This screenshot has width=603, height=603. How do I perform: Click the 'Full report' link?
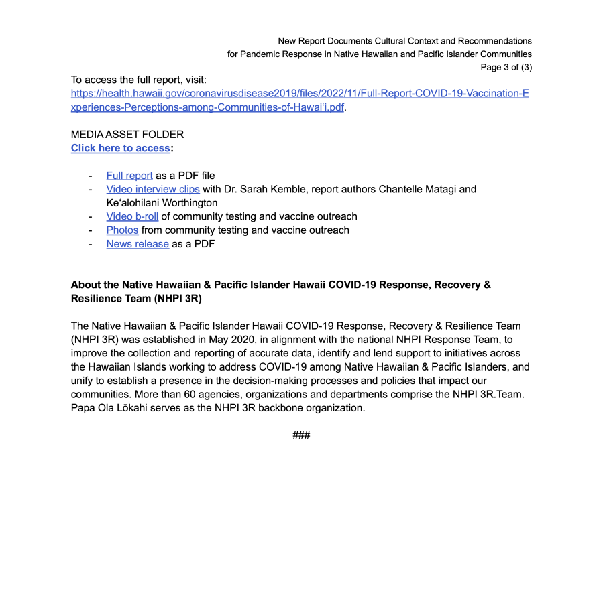(x=129, y=176)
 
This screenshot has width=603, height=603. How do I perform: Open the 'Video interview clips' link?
(x=153, y=189)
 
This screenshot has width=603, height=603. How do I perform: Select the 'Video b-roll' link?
(x=132, y=216)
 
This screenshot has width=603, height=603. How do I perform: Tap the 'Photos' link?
(x=122, y=230)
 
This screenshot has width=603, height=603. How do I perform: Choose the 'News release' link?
(x=138, y=244)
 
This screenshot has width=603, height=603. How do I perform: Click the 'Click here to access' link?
(x=120, y=148)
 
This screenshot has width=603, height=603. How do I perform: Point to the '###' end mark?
(x=301, y=435)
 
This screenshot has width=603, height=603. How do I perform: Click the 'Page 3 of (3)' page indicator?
(x=506, y=67)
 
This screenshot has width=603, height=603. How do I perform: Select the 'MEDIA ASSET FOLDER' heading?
(x=127, y=135)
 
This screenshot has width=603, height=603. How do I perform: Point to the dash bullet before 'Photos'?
(x=90, y=230)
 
